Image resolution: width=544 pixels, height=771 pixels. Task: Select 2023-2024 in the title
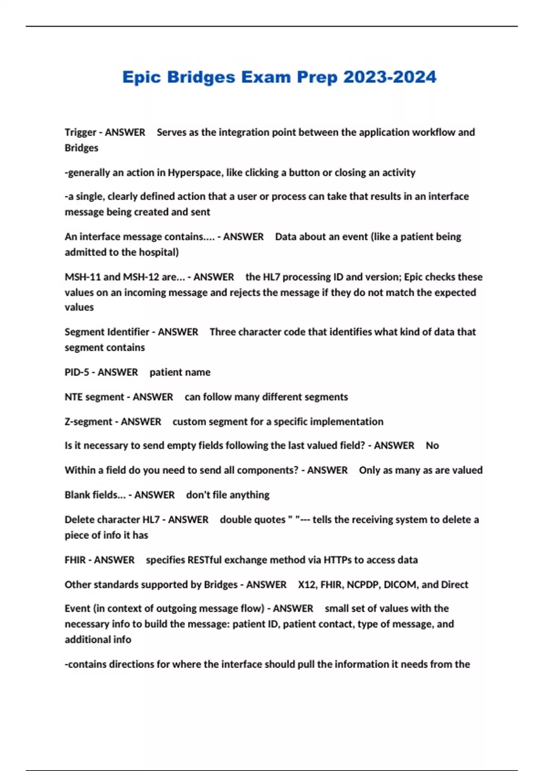[x=390, y=77]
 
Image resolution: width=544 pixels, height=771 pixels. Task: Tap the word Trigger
[x=81, y=132]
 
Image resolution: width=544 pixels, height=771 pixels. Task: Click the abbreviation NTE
[x=74, y=397]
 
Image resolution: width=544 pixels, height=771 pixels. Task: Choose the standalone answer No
[x=432, y=446]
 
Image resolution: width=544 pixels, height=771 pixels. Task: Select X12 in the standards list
[x=307, y=585]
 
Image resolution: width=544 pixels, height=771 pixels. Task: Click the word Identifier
[x=128, y=332]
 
